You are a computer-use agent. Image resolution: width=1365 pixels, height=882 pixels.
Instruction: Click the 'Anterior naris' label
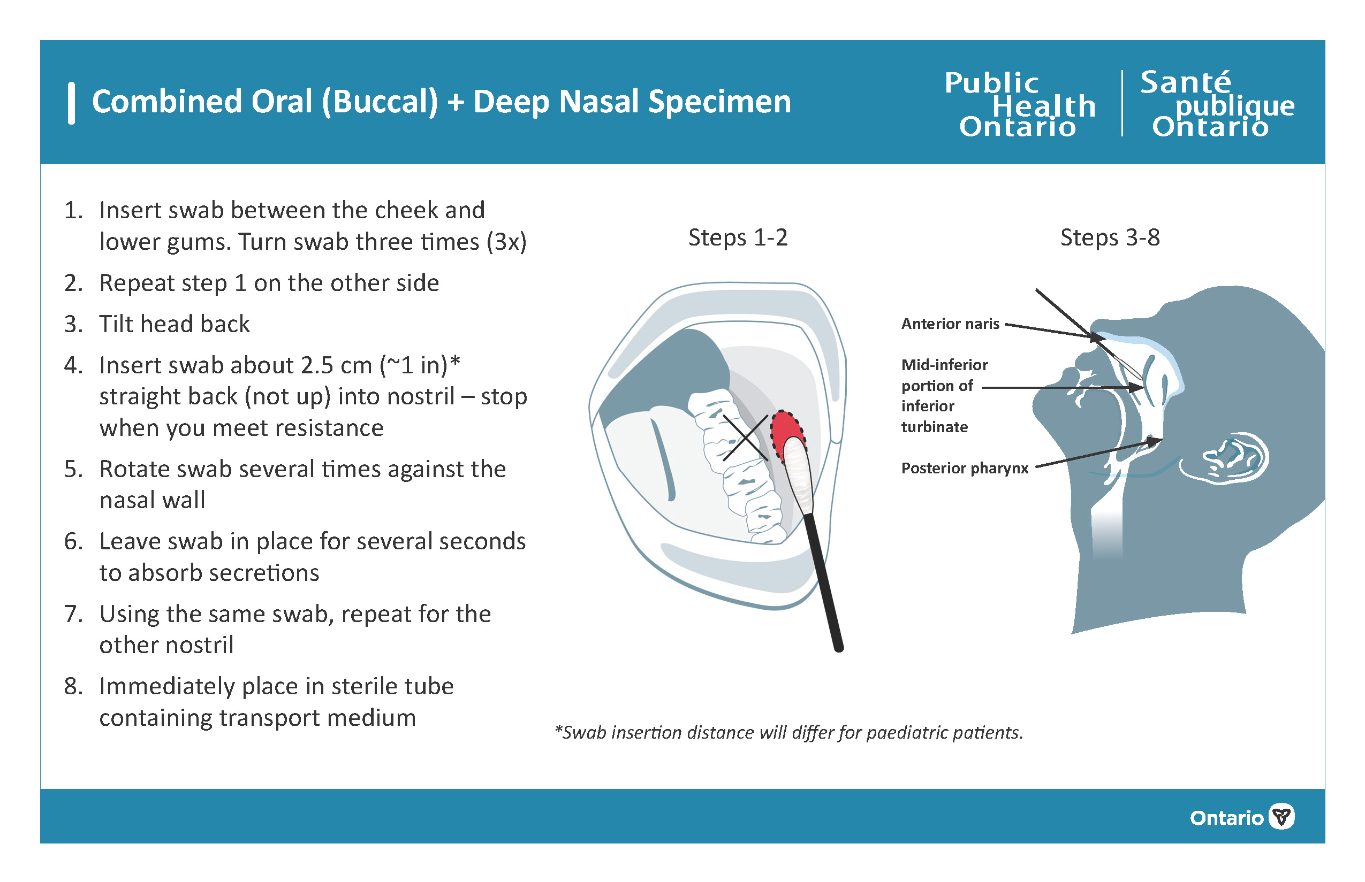[x=950, y=324]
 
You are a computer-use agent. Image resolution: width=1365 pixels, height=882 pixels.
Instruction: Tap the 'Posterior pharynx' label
[x=965, y=468]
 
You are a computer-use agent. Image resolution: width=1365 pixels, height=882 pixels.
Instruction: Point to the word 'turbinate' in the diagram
[x=935, y=427]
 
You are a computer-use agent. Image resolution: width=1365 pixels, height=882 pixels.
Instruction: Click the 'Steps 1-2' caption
[x=738, y=237]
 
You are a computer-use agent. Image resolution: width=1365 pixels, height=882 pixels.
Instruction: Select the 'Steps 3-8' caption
[x=1110, y=237]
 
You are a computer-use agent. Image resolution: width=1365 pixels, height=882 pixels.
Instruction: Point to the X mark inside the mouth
[x=745, y=438]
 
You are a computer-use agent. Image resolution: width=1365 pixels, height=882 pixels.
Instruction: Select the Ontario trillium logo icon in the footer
[x=1281, y=816]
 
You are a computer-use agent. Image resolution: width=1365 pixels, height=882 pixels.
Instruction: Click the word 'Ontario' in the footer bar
[x=1226, y=817]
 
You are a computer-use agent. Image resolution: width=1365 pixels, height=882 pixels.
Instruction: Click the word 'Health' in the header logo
[x=1043, y=106]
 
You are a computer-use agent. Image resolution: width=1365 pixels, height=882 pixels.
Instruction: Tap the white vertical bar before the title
[x=71, y=103]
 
